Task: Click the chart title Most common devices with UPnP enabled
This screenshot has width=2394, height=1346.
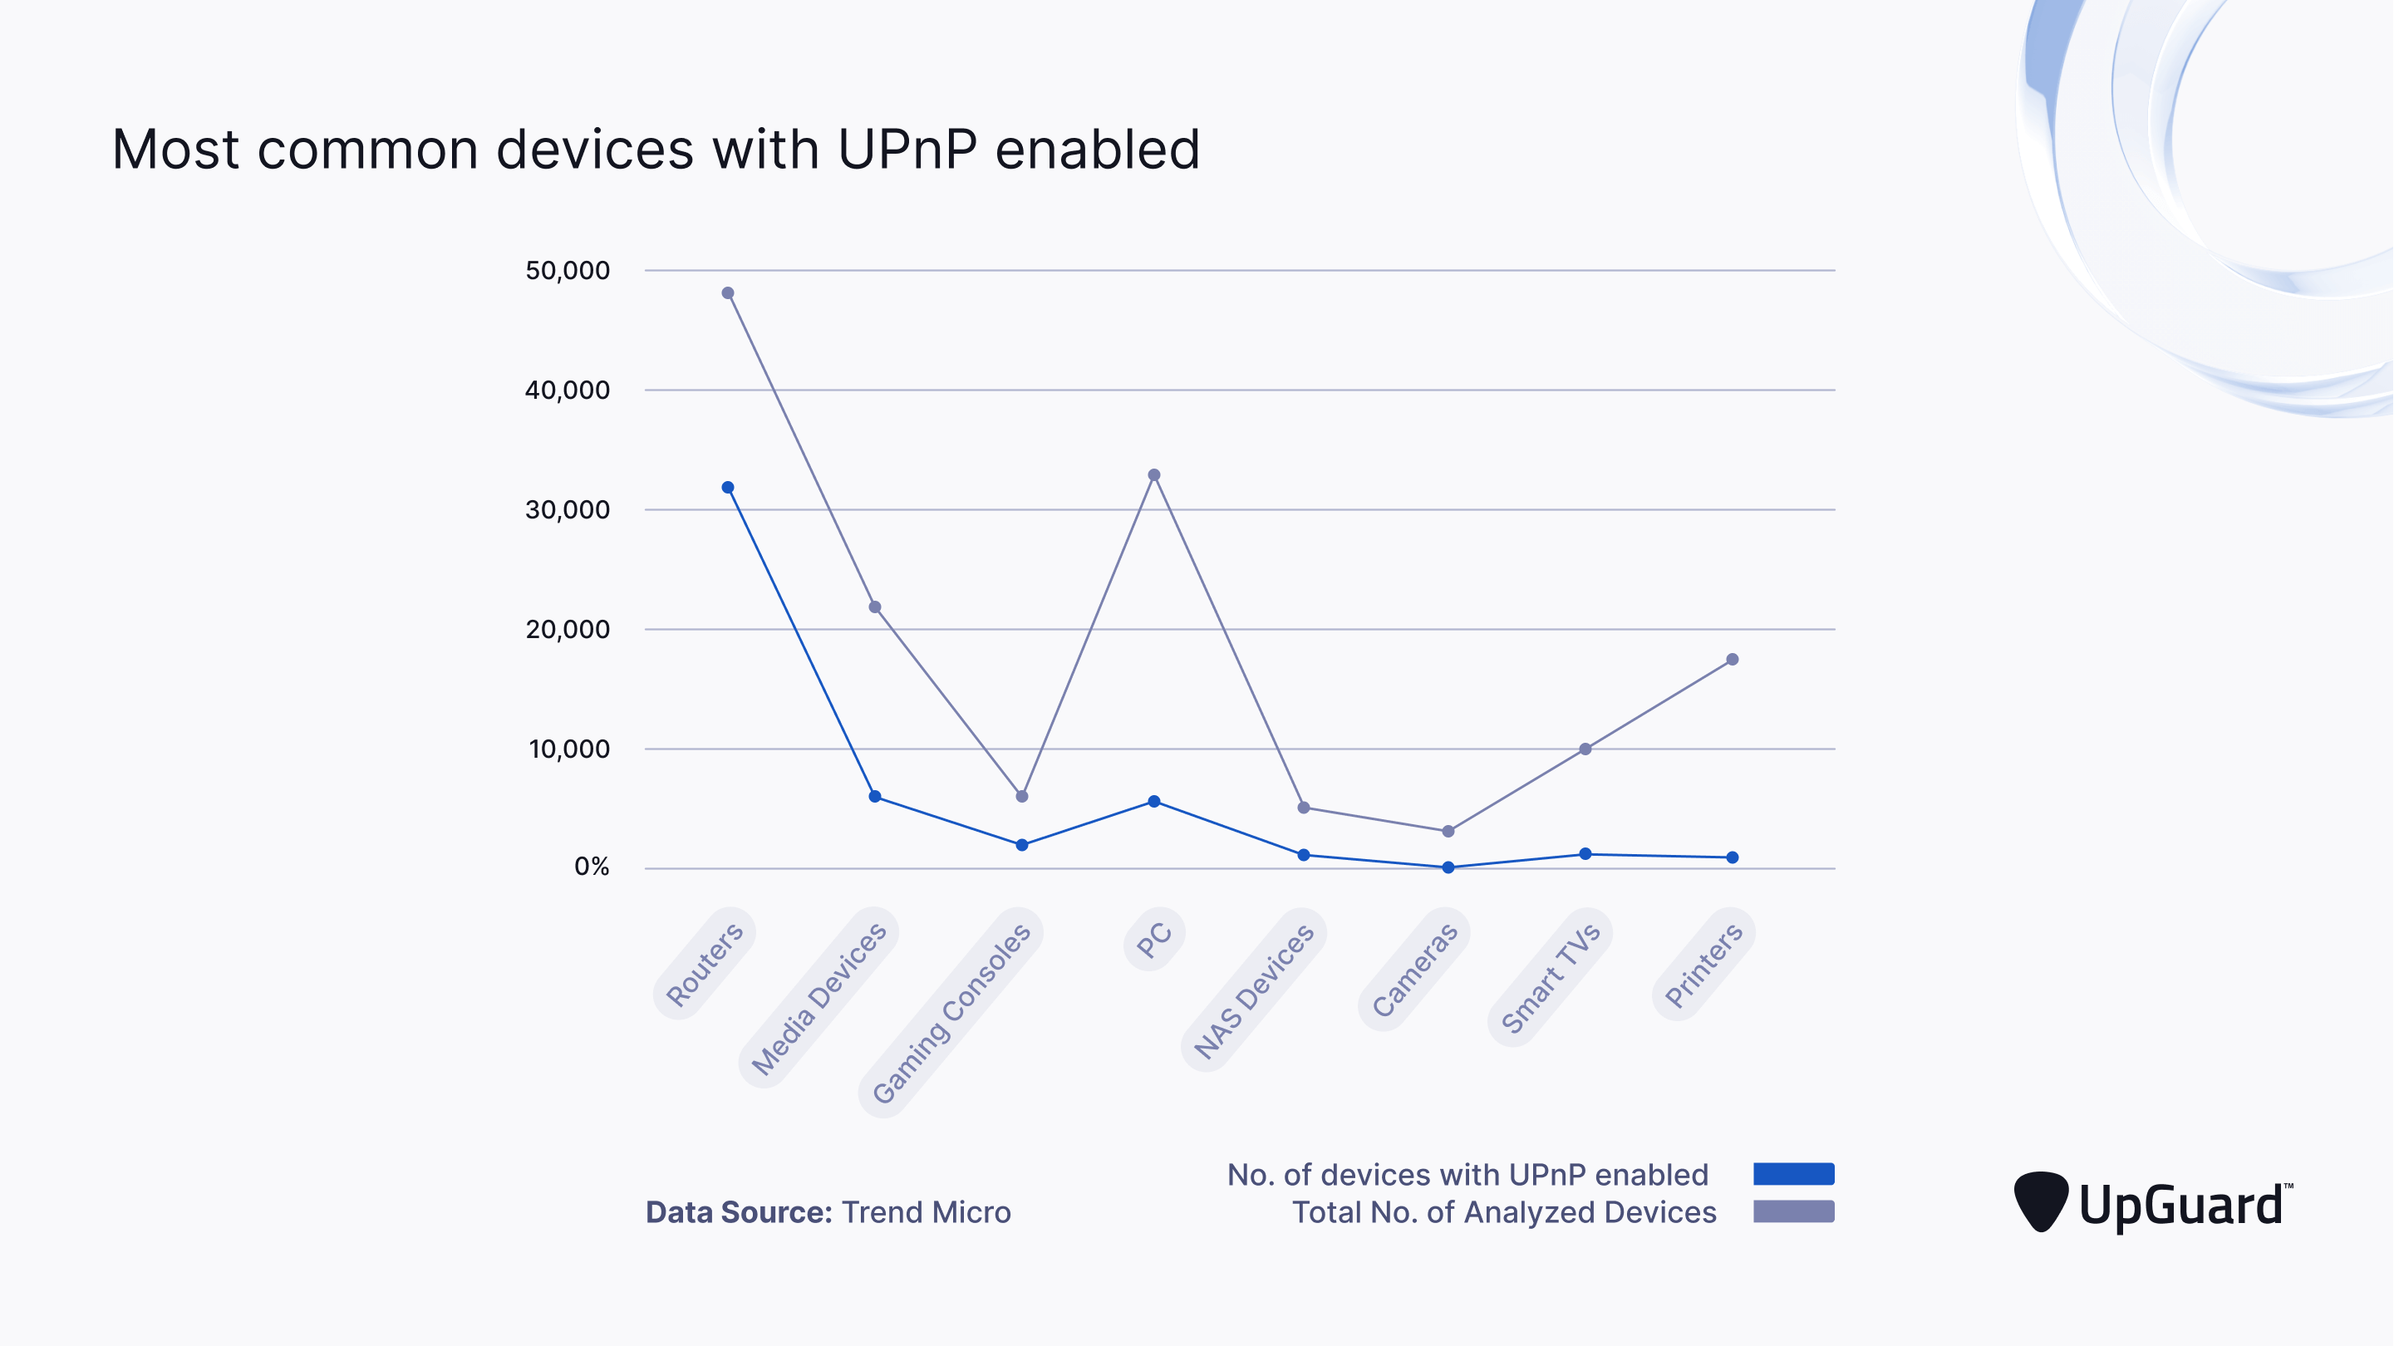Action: click(x=655, y=150)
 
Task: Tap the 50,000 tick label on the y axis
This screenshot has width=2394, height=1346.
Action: click(x=567, y=271)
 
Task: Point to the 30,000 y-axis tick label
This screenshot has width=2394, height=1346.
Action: click(x=567, y=509)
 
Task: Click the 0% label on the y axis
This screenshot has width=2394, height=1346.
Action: click(x=591, y=867)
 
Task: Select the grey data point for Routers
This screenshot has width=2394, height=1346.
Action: click(x=728, y=292)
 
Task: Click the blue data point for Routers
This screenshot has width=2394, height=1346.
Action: click(x=728, y=487)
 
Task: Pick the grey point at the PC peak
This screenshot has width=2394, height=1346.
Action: click(x=1153, y=475)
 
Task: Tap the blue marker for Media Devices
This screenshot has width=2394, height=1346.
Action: click(x=874, y=797)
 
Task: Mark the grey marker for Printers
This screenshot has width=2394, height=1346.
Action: click(x=1732, y=659)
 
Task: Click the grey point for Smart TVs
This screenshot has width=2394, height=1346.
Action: click(x=1585, y=749)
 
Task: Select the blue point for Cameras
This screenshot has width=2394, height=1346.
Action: click(x=1447, y=867)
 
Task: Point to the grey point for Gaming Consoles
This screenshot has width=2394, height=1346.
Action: click(x=1021, y=797)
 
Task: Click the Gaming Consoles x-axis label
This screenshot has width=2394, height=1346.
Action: click(x=951, y=1012)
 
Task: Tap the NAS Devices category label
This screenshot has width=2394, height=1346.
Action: click(x=1254, y=990)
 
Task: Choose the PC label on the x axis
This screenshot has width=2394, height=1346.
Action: click(x=1153, y=940)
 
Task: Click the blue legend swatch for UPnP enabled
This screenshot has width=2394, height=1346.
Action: click(x=1792, y=1173)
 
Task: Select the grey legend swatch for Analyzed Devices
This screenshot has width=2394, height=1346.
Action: click(x=1792, y=1211)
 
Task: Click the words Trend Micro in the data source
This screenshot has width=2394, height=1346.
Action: click(x=926, y=1212)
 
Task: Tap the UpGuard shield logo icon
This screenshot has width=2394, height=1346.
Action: click(x=2040, y=1201)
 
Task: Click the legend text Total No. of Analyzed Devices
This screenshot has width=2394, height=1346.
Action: click(x=1504, y=1212)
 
